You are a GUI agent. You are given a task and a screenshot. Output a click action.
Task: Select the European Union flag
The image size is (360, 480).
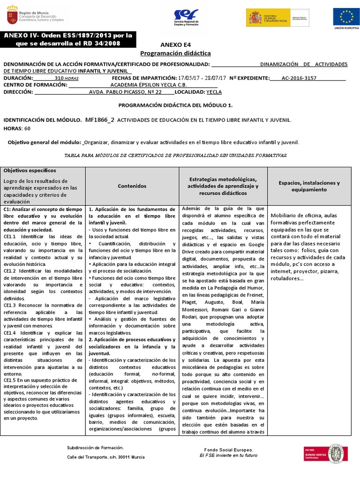tap(347, 17)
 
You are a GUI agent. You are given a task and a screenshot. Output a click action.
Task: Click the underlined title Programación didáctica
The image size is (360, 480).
tap(176, 53)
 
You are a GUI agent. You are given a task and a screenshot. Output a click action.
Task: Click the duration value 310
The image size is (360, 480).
tap(59, 78)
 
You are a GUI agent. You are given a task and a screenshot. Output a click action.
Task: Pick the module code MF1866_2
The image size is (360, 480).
tap(100, 120)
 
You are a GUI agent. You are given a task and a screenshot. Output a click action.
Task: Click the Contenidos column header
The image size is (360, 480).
tap(132, 186)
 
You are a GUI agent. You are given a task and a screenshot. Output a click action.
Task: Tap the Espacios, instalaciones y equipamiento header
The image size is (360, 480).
tap(309, 186)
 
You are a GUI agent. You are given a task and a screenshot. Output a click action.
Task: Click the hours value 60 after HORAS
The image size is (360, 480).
tap(27, 128)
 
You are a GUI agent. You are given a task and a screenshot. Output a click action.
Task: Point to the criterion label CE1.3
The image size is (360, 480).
tap(10, 305)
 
